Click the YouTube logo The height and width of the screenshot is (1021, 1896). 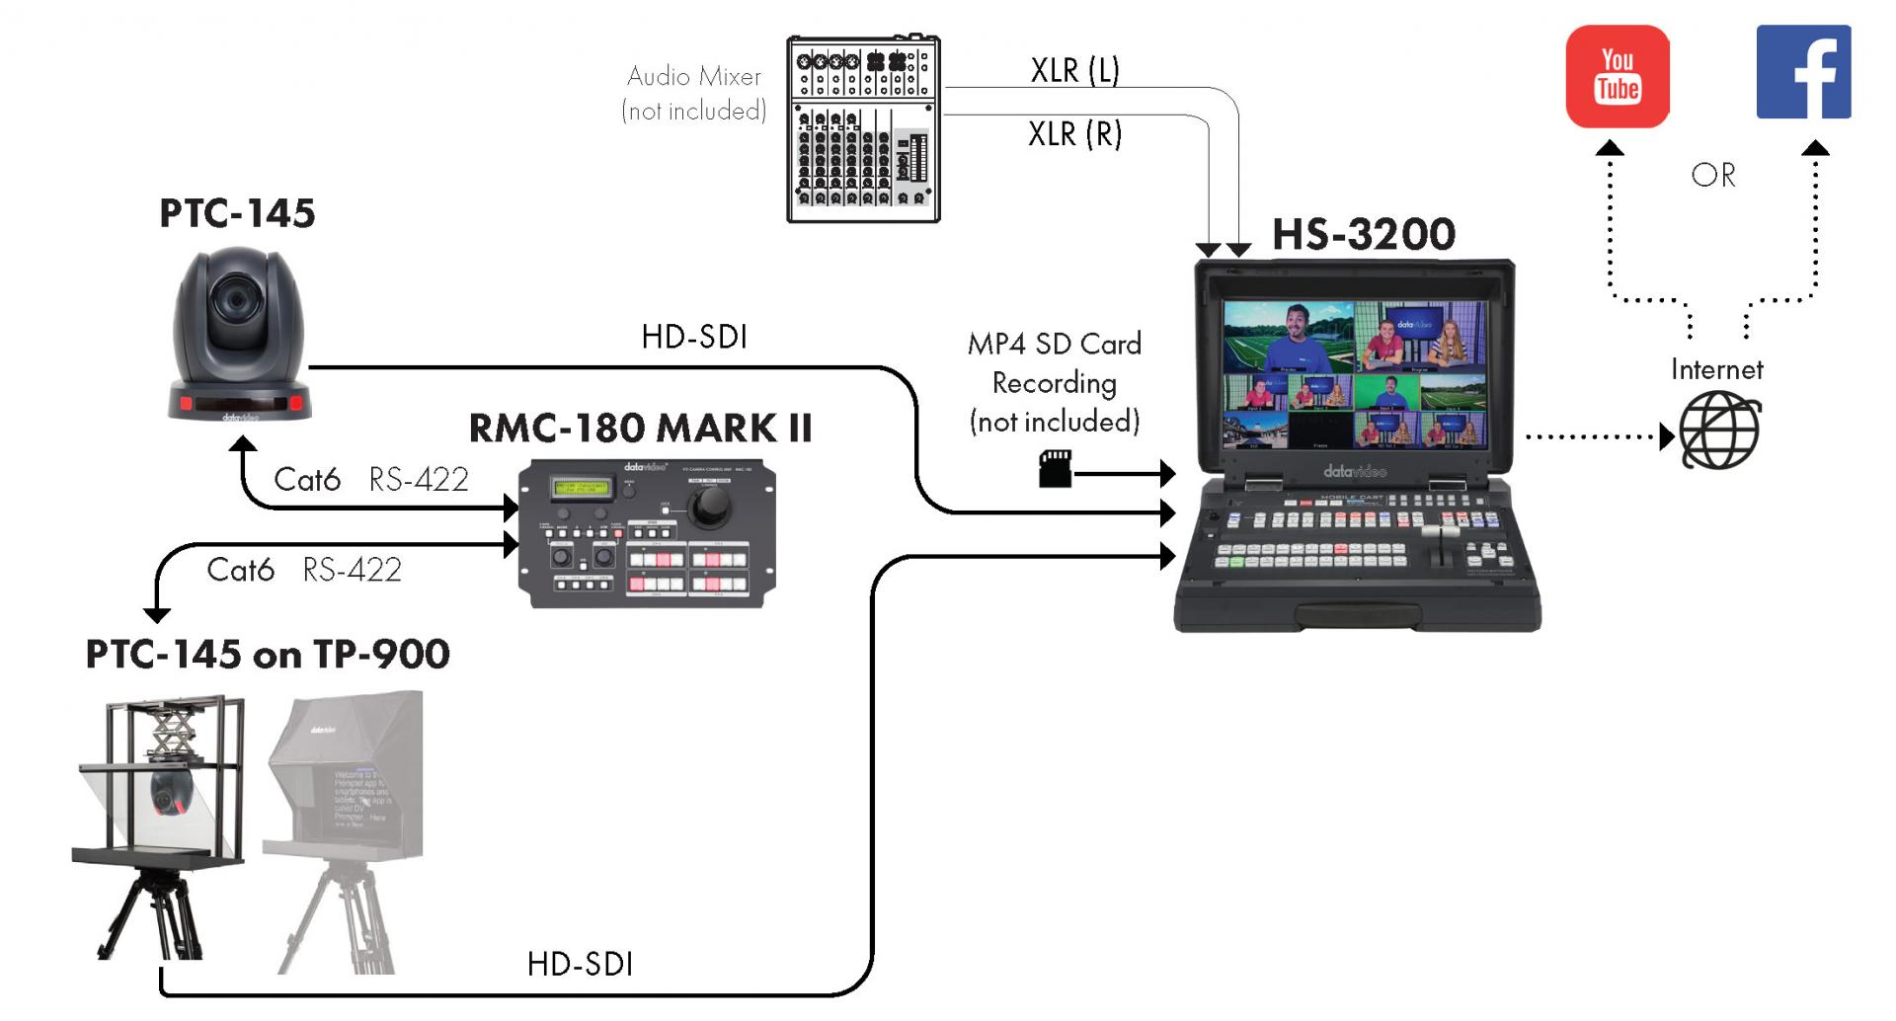point(1617,76)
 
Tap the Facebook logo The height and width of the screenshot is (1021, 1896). point(1802,72)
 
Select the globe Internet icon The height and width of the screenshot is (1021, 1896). point(1719,431)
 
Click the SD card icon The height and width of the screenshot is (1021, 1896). point(1055,468)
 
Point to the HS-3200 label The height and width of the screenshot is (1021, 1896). point(1363,235)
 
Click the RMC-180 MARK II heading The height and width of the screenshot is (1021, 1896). point(640,429)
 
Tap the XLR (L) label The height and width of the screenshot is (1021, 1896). point(1074,70)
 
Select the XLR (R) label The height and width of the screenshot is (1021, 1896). point(1074,133)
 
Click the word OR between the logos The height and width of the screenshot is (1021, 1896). point(1712,176)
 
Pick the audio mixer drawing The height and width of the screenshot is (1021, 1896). point(863,129)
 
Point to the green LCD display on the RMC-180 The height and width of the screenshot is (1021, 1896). point(581,488)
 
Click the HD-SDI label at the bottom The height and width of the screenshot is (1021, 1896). point(580,964)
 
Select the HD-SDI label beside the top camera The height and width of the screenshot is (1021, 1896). point(694,337)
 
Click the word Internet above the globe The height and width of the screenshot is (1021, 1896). point(1716,370)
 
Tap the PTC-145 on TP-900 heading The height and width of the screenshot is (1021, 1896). point(268,654)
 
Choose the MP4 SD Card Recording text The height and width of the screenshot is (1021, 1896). point(1055,382)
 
